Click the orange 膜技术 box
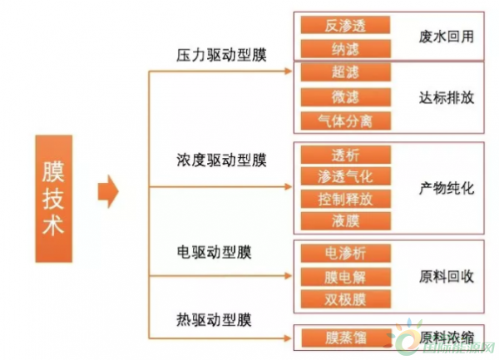(x=54, y=199)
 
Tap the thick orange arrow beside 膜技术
(x=108, y=191)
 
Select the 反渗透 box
(x=346, y=25)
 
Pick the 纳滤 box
(x=346, y=49)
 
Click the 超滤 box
(x=346, y=72)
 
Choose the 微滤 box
(x=346, y=96)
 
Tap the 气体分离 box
(x=346, y=121)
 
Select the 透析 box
(x=346, y=155)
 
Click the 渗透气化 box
(x=346, y=176)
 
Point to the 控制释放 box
(x=346, y=199)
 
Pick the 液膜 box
(x=346, y=220)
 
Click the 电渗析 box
(x=346, y=254)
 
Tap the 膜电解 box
(x=346, y=277)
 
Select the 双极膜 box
(x=346, y=299)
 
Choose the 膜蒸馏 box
(x=346, y=338)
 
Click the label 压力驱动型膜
(x=221, y=55)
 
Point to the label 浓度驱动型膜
(x=221, y=160)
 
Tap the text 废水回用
(x=446, y=37)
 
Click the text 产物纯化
(x=446, y=188)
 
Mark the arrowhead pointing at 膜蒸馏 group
(x=288, y=338)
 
